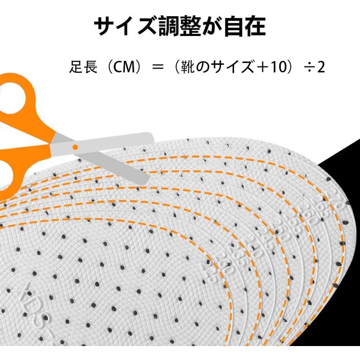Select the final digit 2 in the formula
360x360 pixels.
[x=321, y=67]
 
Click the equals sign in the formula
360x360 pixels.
[x=157, y=67]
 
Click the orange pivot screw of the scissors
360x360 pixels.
[x=75, y=147]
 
